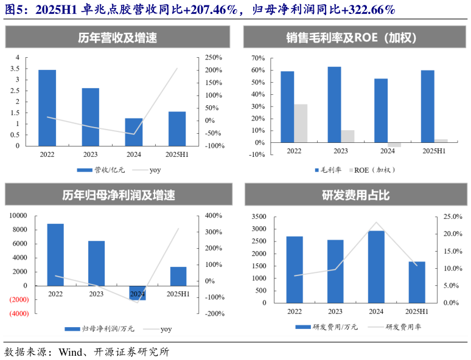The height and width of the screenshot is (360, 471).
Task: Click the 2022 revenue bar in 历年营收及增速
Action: (47, 108)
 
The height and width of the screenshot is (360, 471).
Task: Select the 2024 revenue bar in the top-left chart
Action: (134, 132)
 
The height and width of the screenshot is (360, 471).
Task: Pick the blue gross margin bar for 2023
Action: (334, 105)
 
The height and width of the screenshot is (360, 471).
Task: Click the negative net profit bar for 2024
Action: (138, 292)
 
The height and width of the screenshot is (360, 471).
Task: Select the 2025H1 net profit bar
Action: (178, 276)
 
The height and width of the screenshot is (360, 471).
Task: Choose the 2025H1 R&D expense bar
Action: (417, 282)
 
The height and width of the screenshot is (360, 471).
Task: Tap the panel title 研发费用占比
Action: (355, 196)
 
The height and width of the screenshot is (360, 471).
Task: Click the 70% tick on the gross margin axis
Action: (257, 58)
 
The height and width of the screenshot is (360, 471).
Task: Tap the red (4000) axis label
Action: (18, 314)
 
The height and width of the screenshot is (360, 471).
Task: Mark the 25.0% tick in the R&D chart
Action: (452, 216)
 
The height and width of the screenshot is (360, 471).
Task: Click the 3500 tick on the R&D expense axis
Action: (259, 216)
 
